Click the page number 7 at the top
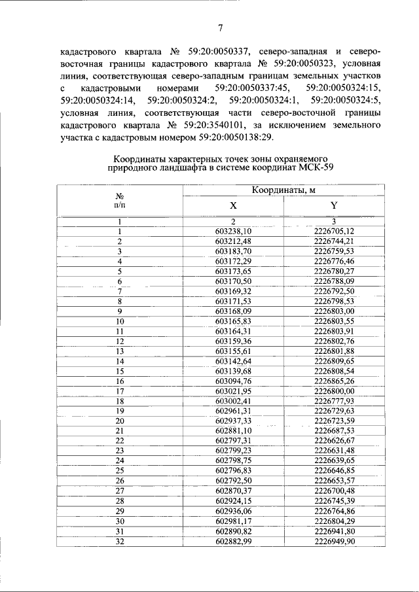[x=220, y=27]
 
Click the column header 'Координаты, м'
[x=283, y=190]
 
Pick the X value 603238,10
[x=233, y=232]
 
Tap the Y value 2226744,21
[x=334, y=241]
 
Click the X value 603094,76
[x=233, y=381]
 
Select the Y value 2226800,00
[x=334, y=391]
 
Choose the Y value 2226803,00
[x=334, y=311]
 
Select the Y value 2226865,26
[x=334, y=381]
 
